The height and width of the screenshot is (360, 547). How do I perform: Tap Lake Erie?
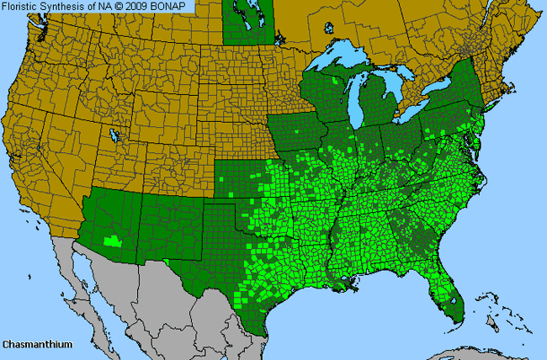410,109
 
